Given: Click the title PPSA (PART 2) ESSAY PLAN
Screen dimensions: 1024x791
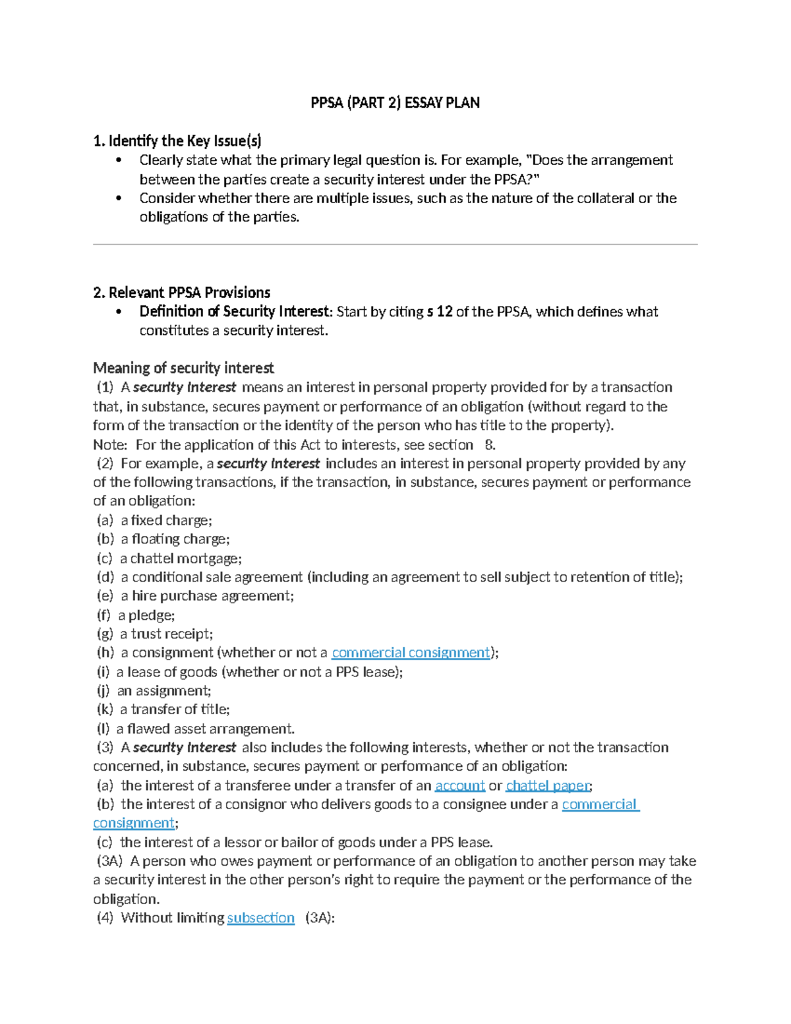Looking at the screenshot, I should pyautogui.click(x=395, y=103).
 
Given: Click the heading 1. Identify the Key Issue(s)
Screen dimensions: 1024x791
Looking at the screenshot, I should pyautogui.click(x=177, y=140).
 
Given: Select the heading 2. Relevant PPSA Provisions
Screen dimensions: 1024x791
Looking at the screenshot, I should pyautogui.click(x=181, y=293).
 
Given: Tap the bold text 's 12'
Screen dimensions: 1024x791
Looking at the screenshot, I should pyautogui.click(x=440, y=312).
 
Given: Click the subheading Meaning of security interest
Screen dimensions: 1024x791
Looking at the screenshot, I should pyautogui.click(x=183, y=368).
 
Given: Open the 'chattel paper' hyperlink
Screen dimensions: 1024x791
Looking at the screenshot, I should pyautogui.click(x=548, y=785).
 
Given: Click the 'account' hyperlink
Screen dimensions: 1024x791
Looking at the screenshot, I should pyautogui.click(x=459, y=785).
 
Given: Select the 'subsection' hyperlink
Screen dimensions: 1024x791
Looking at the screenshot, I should pyautogui.click(x=260, y=918).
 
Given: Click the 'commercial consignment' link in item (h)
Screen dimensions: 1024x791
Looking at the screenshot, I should pyautogui.click(x=411, y=653).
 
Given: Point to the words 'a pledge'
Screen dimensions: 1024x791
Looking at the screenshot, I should pyautogui.click(x=146, y=615).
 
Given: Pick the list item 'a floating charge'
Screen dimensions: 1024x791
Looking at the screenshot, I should pyautogui.click(x=175, y=539).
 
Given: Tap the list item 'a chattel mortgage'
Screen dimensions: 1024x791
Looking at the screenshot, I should pyautogui.click(x=181, y=558).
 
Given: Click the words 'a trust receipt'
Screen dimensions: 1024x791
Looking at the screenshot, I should pyautogui.click(x=166, y=634).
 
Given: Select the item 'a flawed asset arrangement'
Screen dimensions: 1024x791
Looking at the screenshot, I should pyautogui.click(x=205, y=729).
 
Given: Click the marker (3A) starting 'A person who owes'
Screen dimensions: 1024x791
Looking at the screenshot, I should pyautogui.click(x=109, y=861).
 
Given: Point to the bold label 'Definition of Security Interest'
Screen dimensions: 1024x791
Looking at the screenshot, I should pyautogui.click(x=234, y=312).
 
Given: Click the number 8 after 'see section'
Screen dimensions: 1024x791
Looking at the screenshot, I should pyautogui.click(x=489, y=445).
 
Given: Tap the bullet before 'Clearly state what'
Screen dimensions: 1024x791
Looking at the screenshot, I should pyautogui.click(x=119, y=160).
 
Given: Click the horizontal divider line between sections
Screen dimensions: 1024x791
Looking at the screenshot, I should pyautogui.click(x=395, y=245).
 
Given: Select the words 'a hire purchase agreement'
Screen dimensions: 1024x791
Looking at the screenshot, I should pyautogui.click(x=206, y=596).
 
